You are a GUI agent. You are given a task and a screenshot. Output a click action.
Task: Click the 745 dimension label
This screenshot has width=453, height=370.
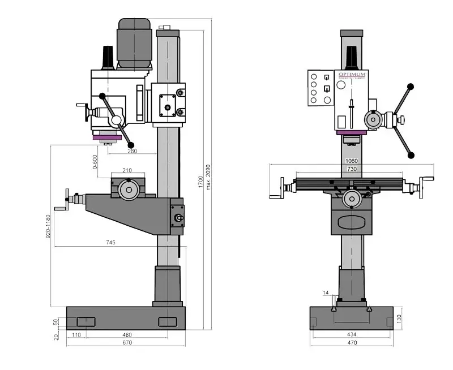pos(110,242)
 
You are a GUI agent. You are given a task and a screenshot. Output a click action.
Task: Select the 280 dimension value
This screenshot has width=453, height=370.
pos(132,150)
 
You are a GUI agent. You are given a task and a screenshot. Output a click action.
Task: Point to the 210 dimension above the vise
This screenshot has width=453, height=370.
pos(127,170)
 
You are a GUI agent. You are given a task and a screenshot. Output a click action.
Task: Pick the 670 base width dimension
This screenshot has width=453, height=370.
pos(126,343)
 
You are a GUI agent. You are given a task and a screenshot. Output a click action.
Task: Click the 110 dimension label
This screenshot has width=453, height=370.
pos(76,335)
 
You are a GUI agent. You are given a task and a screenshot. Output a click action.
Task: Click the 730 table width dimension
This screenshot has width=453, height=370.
pos(352,170)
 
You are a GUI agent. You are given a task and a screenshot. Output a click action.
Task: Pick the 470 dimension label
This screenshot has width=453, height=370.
pos(352,343)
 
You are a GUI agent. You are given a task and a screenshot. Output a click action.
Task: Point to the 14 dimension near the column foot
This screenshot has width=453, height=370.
pos(326,292)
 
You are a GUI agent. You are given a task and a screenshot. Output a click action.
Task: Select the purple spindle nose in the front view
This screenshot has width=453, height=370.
pos(351,133)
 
